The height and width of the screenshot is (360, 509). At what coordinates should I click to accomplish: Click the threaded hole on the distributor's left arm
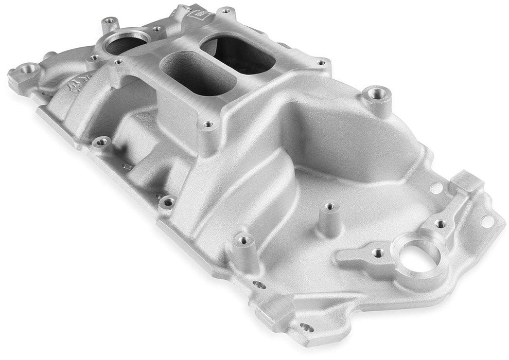378,253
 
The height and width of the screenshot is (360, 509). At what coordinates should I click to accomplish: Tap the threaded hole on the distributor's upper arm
441,224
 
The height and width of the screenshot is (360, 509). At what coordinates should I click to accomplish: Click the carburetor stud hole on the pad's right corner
321,63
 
